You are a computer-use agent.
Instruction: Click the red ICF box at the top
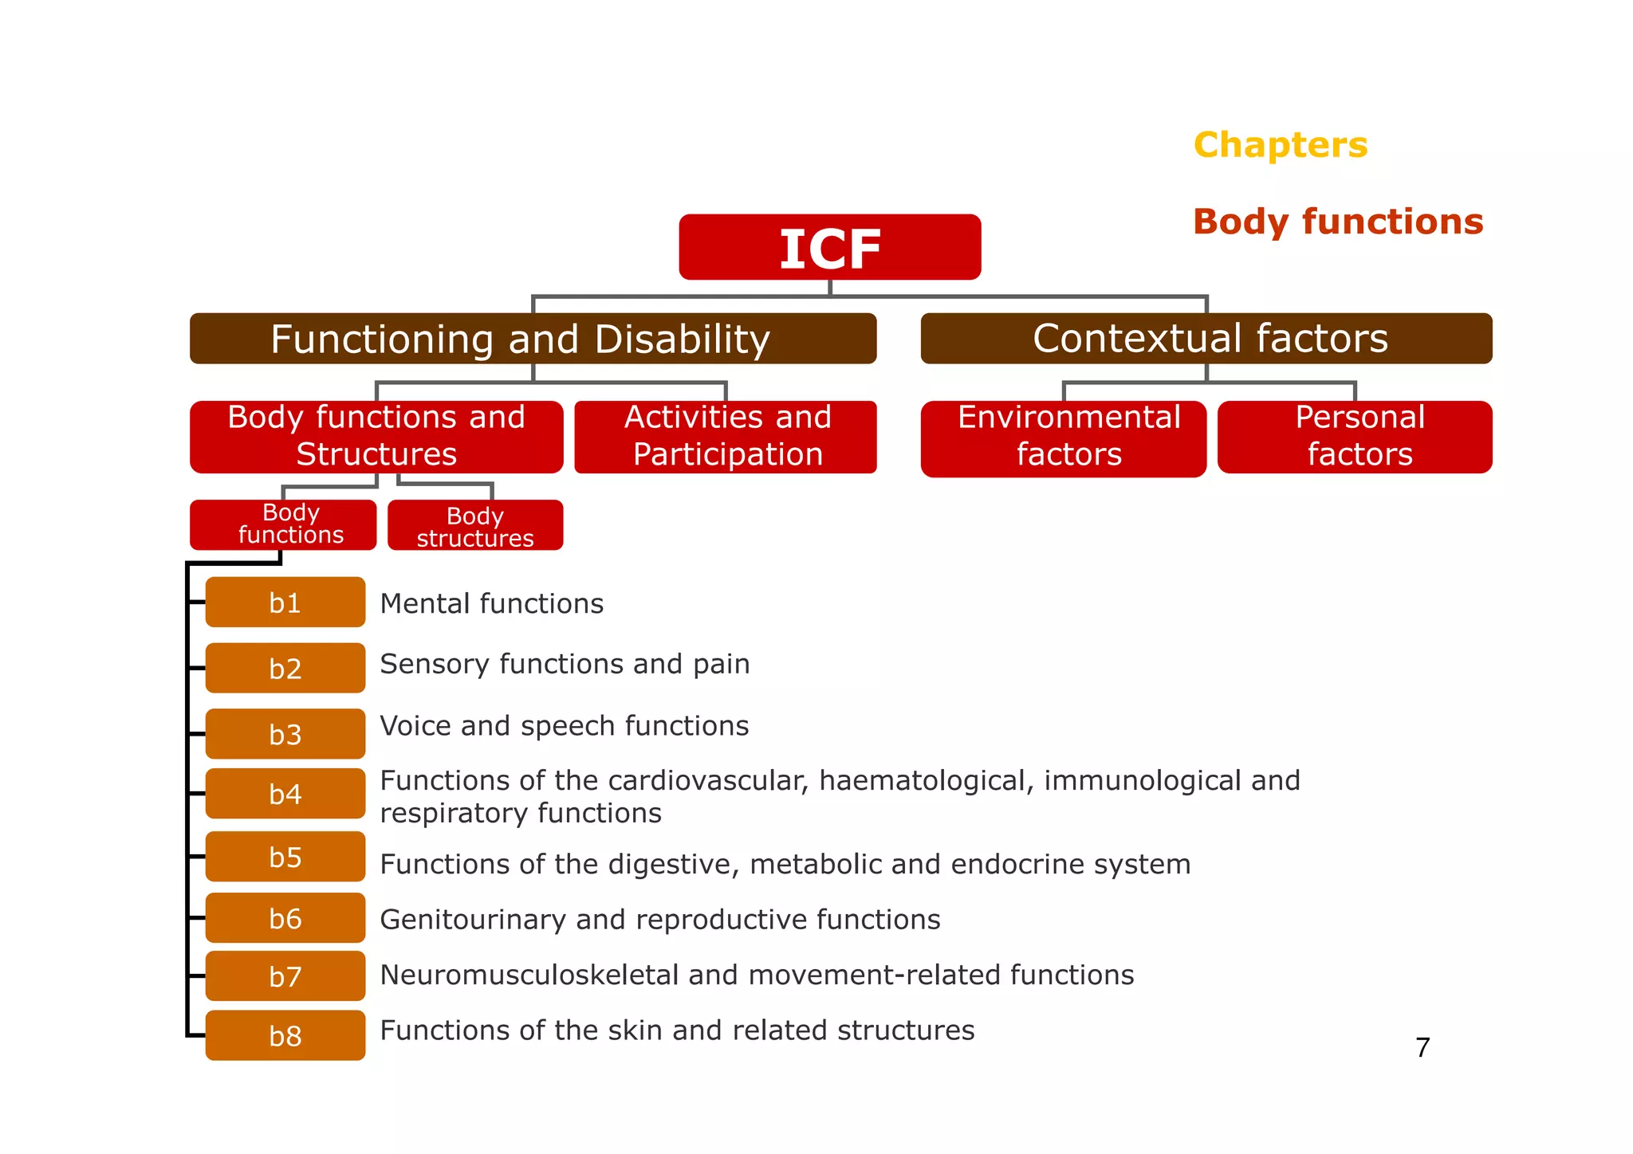click(x=829, y=247)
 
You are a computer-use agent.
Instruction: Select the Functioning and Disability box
click(x=533, y=339)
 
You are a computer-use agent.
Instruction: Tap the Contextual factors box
click(x=1206, y=339)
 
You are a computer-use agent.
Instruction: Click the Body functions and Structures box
click(x=376, y=437)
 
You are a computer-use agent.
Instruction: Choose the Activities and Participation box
click(x=726, y=437)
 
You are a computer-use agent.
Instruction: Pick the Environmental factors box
click(x=1064, y=438)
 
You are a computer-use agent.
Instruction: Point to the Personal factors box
click(x=1355, y=437)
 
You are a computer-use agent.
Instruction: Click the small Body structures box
click(x=475, y=526)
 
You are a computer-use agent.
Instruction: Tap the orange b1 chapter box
click(x=285, y=603)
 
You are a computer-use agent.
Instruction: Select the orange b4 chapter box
click(x=285, y=794)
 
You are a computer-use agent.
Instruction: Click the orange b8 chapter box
click(x=285, y=1035)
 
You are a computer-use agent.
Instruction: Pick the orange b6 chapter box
click(x=285, y=918)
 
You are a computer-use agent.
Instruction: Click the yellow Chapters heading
click(x=1281, y=145)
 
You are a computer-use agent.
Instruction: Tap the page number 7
click(x=1422, y=1047)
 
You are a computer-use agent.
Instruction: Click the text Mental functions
click(x=492, y=604)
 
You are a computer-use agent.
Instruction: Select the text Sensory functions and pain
click(x=565, y=664)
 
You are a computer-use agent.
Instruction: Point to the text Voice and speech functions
click(x=565, y=726)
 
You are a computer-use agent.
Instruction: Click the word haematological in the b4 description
click(x=926, y=781)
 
